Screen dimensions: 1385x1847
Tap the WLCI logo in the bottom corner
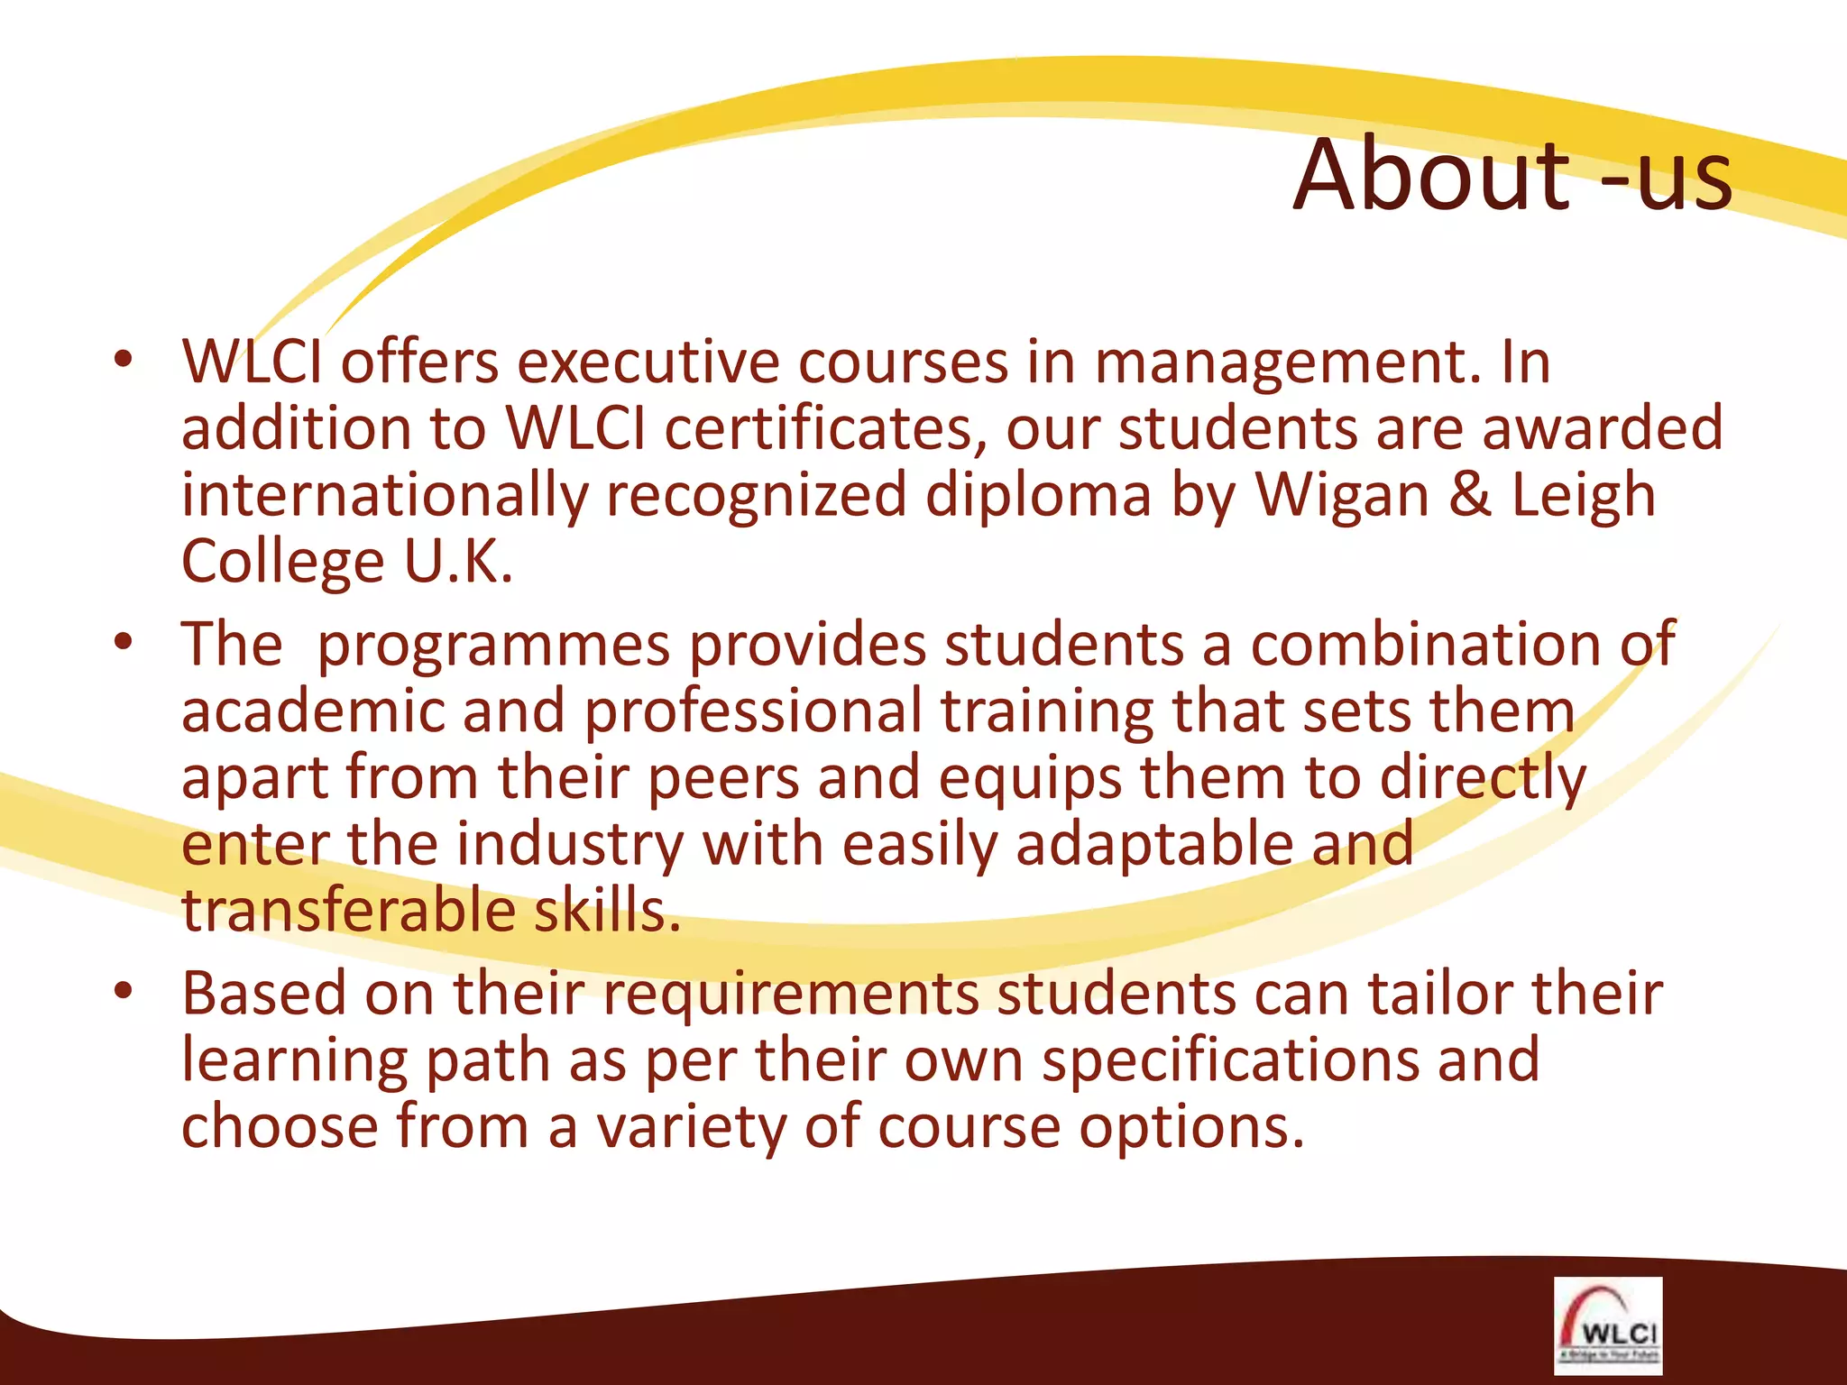pyautogui.click(x=1607, y=1325)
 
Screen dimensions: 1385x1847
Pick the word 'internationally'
pyautogui.click(x=384, y=496)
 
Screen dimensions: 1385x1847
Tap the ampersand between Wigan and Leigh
pyautogui.click(x=1470, y=496)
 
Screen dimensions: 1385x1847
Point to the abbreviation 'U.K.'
pyautogui.click(x=458, y=562)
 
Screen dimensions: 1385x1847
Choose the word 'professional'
pyautogui.click(x=753, y=712)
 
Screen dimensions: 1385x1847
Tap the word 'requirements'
pyautogui.click(x=791, y=995)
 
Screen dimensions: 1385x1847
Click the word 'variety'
pyautogui.click(x=690, y=1129)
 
